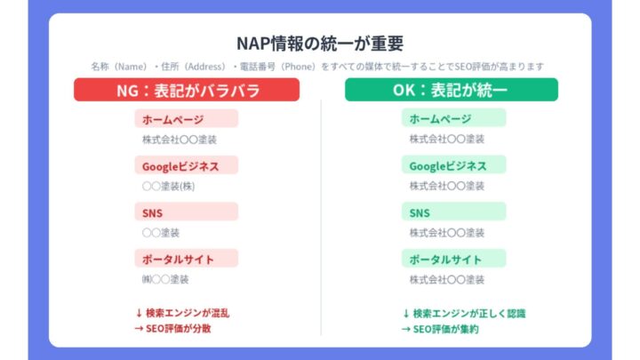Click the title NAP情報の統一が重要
pos(320,43)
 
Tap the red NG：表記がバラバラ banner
pos(186,90)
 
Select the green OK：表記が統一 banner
pos(452,90)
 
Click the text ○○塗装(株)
pos(167,186)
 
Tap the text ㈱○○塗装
pos(164,279)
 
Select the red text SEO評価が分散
pos(179,328)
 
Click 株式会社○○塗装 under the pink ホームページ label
pos(180,140)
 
